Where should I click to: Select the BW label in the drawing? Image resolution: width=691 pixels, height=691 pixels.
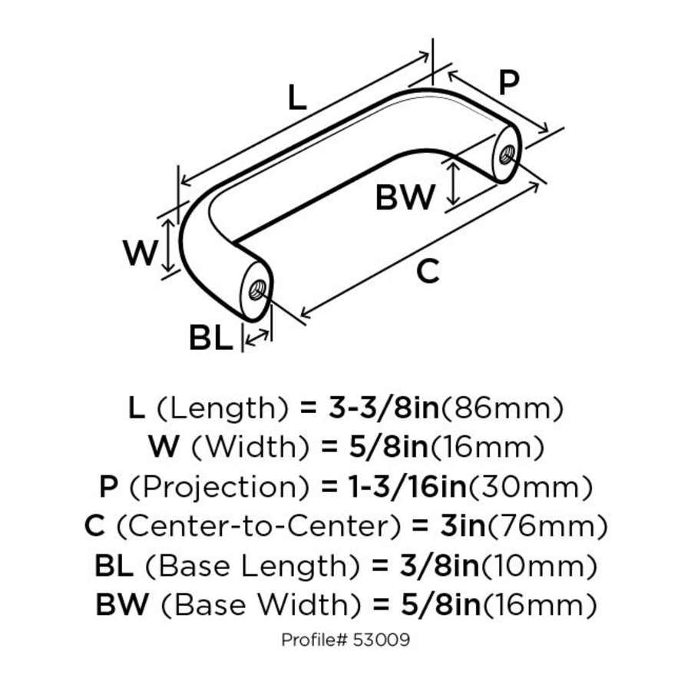coord(405,199)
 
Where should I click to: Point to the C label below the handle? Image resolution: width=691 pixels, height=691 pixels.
coord(428,271)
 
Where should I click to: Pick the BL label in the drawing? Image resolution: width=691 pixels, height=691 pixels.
coord(210,339)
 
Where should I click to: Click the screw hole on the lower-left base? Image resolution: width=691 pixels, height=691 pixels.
coord(257,290)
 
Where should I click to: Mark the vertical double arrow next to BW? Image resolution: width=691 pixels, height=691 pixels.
coord(455,183)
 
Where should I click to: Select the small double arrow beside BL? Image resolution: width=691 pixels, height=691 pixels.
coord(257,336)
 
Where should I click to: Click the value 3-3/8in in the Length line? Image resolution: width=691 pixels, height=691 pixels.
coord(383,408)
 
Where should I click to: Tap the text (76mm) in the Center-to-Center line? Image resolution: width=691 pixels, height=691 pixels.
coord(547,527)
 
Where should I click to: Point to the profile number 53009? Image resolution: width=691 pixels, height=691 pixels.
coord(384,640)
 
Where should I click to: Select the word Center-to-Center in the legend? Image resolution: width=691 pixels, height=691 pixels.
coord(258,527)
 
